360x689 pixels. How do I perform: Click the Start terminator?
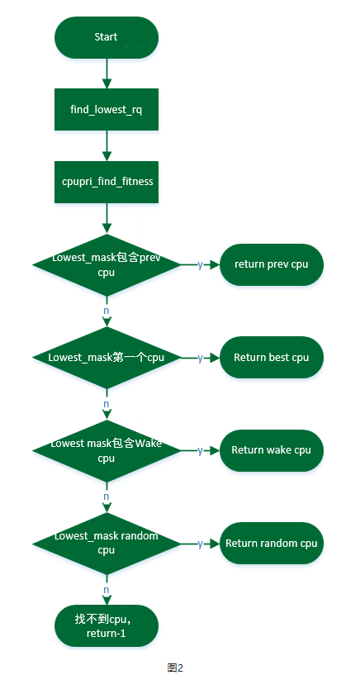106,37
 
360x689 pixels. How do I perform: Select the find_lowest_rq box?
106,109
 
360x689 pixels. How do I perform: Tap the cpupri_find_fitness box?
106,181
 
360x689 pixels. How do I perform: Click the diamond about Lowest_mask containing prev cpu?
106,264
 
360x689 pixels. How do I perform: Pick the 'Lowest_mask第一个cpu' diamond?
106,358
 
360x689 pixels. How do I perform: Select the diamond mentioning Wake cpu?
106,450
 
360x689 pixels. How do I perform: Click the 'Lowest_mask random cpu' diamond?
106,543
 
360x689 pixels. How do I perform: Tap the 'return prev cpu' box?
271,264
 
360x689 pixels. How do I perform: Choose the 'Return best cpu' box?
271,358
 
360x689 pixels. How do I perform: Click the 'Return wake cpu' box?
271,450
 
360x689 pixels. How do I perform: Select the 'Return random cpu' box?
271,543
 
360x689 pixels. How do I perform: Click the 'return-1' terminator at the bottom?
106,625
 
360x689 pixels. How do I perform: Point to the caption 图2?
174,668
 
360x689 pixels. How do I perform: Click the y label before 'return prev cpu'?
200,264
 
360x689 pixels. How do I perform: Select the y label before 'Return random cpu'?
200,543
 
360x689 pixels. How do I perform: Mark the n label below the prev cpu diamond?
106,311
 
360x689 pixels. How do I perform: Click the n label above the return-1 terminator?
106,590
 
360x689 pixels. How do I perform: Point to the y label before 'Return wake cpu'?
200,450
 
